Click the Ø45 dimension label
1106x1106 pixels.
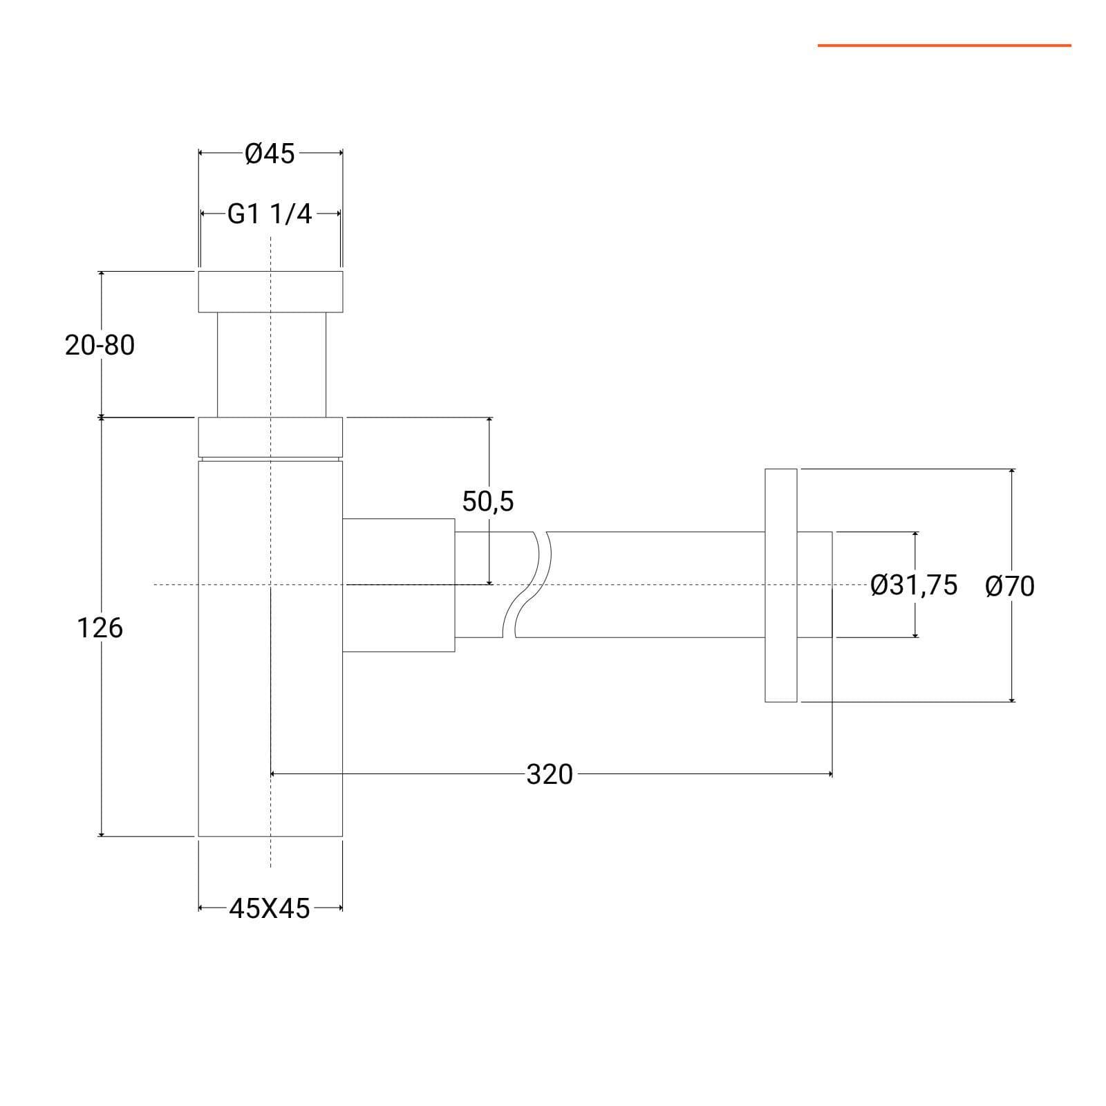[270, 153]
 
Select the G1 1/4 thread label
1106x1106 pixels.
[270, 214]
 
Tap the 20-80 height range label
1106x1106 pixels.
[100, 345]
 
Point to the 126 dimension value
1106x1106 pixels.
[100, 628]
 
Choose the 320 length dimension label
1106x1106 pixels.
[550, 774]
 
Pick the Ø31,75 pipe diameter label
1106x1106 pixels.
[914, 585]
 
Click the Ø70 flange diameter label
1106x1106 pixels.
[1010, 587]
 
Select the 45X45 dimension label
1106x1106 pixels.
[270, 908]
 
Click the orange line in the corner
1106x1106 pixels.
[944, 46]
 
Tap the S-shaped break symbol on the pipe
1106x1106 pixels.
[527, 584]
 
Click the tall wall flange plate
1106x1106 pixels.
[781, 585]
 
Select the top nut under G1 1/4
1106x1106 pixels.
[270, 292]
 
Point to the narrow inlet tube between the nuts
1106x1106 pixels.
[272, 365]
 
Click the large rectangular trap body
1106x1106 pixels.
[270, 648]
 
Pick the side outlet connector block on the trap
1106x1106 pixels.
[399, 585]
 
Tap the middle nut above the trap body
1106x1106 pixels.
[270, 437]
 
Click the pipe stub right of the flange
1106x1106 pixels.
[815, 585]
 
